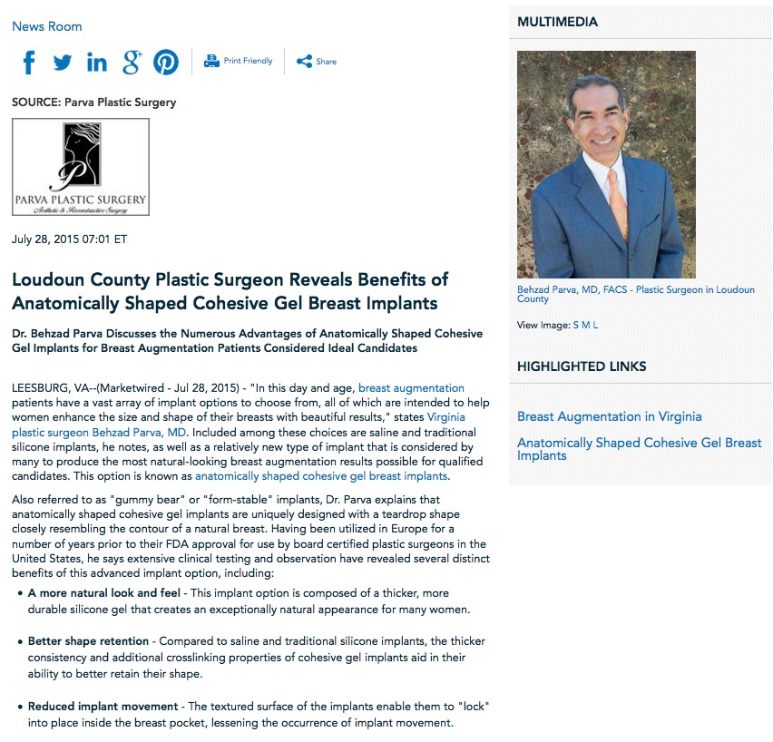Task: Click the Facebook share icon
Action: point(29,62)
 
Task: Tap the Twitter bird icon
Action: point(62,62)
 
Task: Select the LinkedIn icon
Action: point(96,62)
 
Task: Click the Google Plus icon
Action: point(132,62)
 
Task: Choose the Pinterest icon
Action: point(166,62)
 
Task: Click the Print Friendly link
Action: point(248,61)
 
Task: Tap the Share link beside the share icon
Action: point(326,62)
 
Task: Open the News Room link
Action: point(46,26)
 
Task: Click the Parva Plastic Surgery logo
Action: point(80,167)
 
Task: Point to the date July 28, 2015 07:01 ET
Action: point(69,239)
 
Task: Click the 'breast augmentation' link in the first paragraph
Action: point(411,388)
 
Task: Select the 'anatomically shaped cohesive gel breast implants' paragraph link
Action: point(321,475)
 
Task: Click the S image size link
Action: point(576,325)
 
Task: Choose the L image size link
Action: point(595,325)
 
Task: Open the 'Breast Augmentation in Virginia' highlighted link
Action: point(609,416)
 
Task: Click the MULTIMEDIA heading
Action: point(557,22)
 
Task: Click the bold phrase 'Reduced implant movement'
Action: point(103,707)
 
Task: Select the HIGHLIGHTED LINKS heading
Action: point(582,366)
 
